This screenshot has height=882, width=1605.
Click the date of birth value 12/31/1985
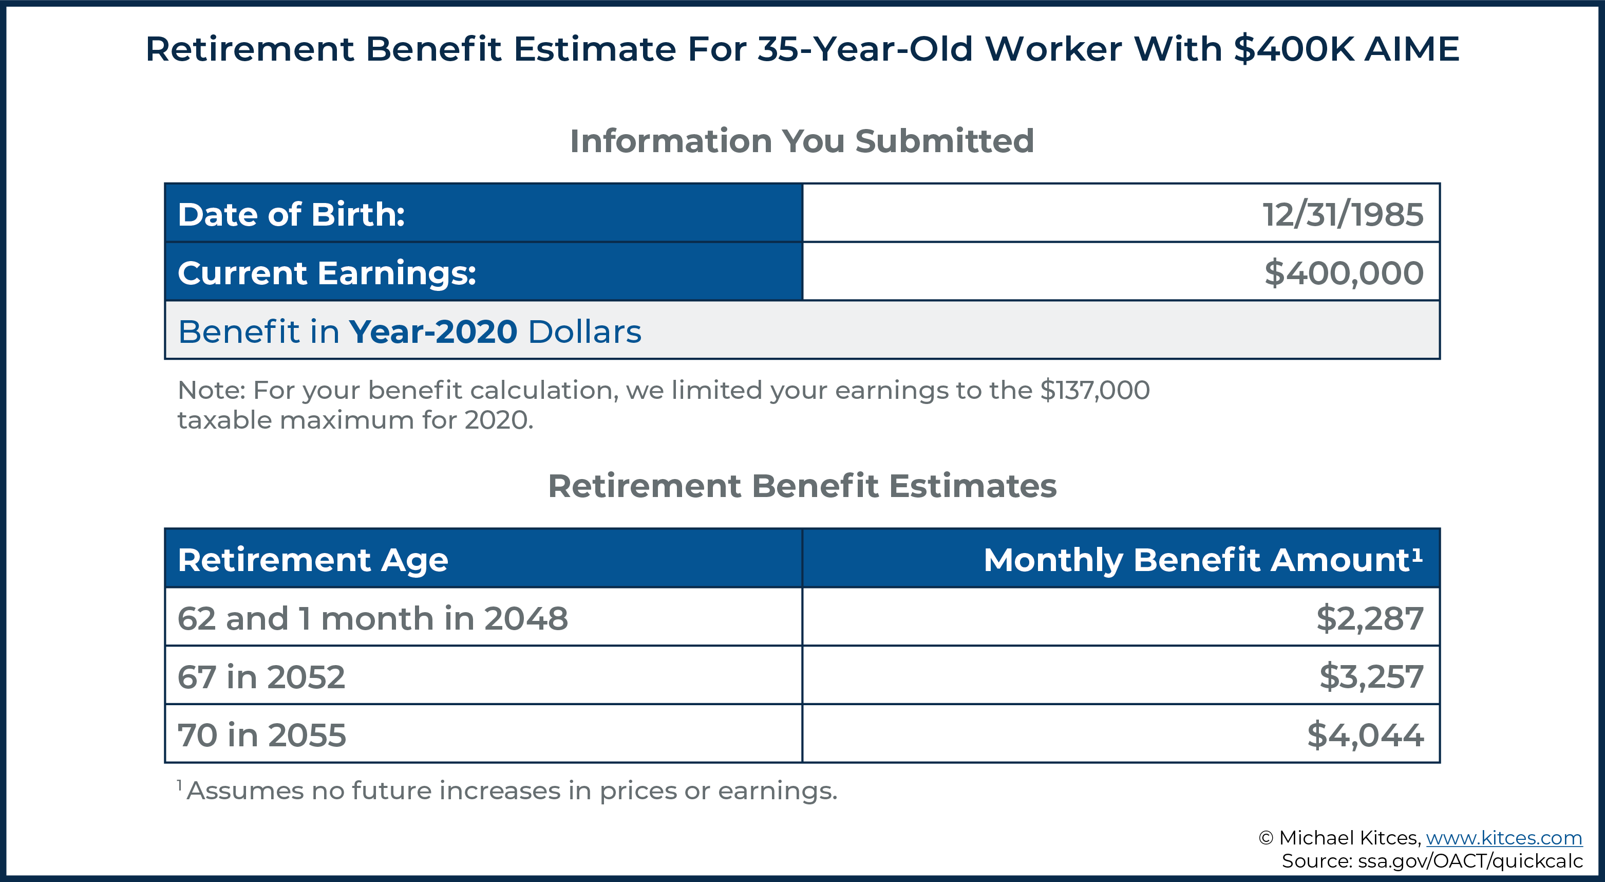coord(1343,214)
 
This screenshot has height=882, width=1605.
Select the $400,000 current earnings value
coord(1344,273)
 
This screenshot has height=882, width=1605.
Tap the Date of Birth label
coord(292,214)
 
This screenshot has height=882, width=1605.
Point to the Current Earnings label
coord(327,273)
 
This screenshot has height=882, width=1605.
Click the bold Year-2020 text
coord(433,332)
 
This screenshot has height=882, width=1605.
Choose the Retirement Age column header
coord(313,560)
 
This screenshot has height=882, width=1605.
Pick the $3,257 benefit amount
coord(1371,677)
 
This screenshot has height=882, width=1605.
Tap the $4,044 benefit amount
coord(1366,735)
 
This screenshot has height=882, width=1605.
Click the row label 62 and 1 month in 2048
coord(372,618)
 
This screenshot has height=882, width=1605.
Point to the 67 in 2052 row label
coord(261,677)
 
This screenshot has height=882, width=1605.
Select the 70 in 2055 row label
coord(262,735)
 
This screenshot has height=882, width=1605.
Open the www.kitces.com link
coord(1504,838)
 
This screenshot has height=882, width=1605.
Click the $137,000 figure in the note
coord(1094,390)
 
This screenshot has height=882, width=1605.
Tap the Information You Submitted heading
coord(802,141)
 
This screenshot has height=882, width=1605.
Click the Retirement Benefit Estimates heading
coord(802,486)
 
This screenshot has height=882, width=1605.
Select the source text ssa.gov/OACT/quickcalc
coord(1470,861)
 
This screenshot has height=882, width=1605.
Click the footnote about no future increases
coord(508,791)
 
